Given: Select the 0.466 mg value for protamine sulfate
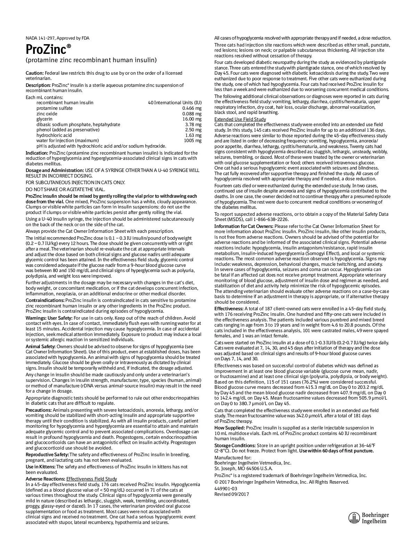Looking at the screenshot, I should pyautogui.click(x=191, y=108).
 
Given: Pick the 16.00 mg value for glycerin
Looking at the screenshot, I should pyautogui.click(x=192, y=119).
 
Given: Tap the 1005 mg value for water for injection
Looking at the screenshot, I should pyautogui.click(x=193, y=140).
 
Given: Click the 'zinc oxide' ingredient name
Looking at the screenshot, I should pyautogui.click(x=47, y=114).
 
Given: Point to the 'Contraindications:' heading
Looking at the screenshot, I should pyautogui.click(x=45, y=300).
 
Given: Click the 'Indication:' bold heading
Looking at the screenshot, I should pyautogui.click(x=37, y=153).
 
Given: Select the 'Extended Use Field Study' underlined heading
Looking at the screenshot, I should pyautogui.click(x=240, y=119).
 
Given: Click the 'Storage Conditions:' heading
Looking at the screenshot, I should pyautogui.click(x=235, y=445).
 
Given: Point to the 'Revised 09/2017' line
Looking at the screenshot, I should pyautogui.click(x=231, y=494).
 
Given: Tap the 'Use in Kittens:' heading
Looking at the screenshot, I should pyautogui.click(x=40, y=467).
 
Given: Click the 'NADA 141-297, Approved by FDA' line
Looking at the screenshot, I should pyautogui.click(x=57, y=38).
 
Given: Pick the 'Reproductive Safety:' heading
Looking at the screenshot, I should pyautogui.click(x=47, y=454).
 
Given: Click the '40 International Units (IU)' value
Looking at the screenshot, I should pyautogui.click(x=175, y=102).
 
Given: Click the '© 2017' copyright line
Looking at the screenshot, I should pyautogui.click(x=281, y=482).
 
